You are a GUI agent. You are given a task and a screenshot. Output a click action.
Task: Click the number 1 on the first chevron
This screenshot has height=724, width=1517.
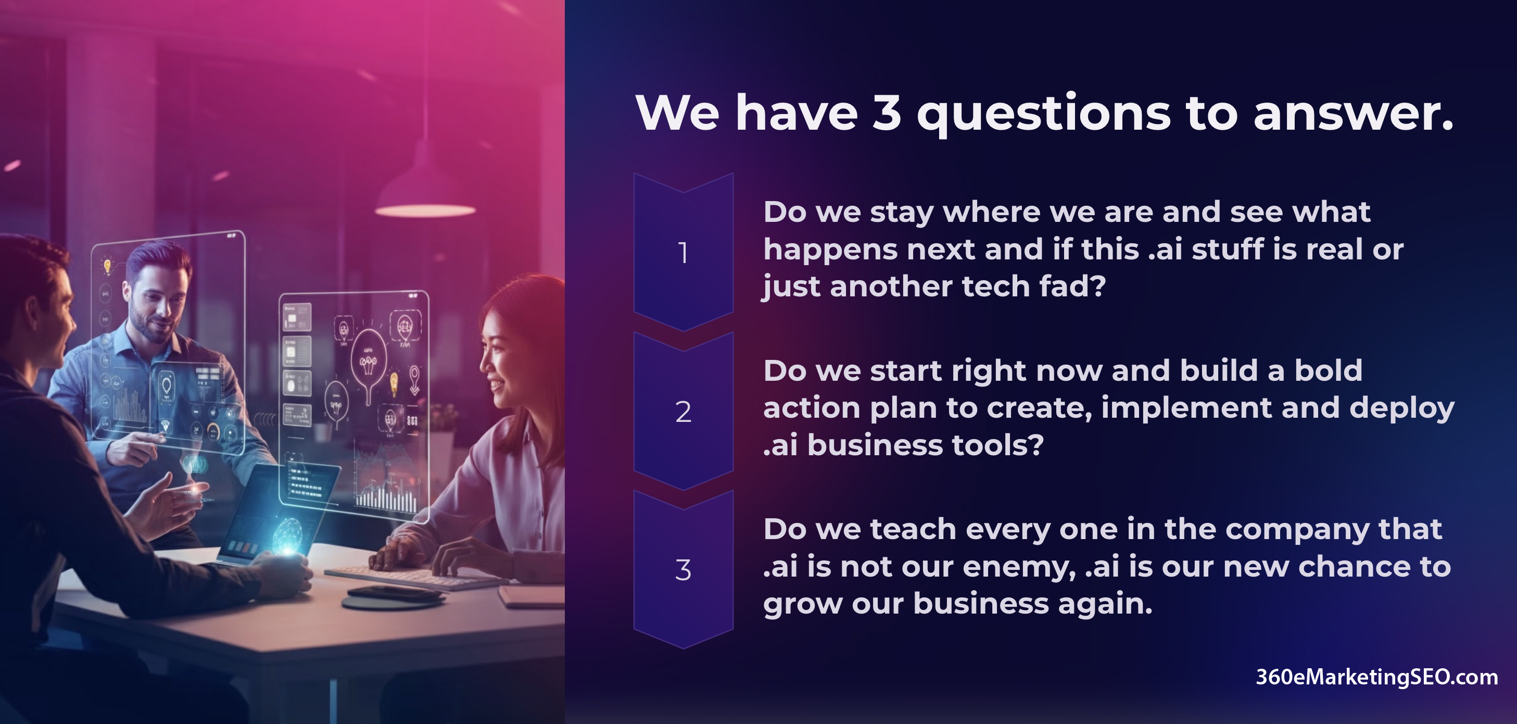point(683,253)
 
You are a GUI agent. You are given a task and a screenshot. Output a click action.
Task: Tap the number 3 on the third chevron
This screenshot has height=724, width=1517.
point(683,570)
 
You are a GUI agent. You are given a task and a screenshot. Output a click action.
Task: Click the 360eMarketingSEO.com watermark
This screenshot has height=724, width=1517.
point(1377,677)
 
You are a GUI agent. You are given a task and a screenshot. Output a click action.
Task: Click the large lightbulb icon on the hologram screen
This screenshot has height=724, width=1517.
point(369,359)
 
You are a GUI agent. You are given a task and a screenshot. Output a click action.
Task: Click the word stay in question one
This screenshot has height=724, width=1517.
point(902,213)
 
